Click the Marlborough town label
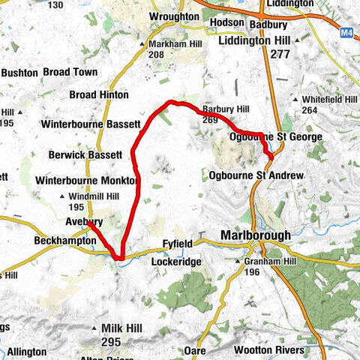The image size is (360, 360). (256, 235)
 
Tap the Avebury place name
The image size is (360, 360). (83, 222)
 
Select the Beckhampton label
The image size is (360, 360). (65, 241)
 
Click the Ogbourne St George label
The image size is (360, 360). (274, 137)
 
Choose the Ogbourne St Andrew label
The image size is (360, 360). (257, 175)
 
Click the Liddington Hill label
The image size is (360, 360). (255, 40)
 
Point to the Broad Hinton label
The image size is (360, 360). (98, 95)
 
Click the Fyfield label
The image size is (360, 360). (179, 244)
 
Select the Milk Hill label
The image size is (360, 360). (110, 329)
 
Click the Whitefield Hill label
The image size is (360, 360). (331, 100)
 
